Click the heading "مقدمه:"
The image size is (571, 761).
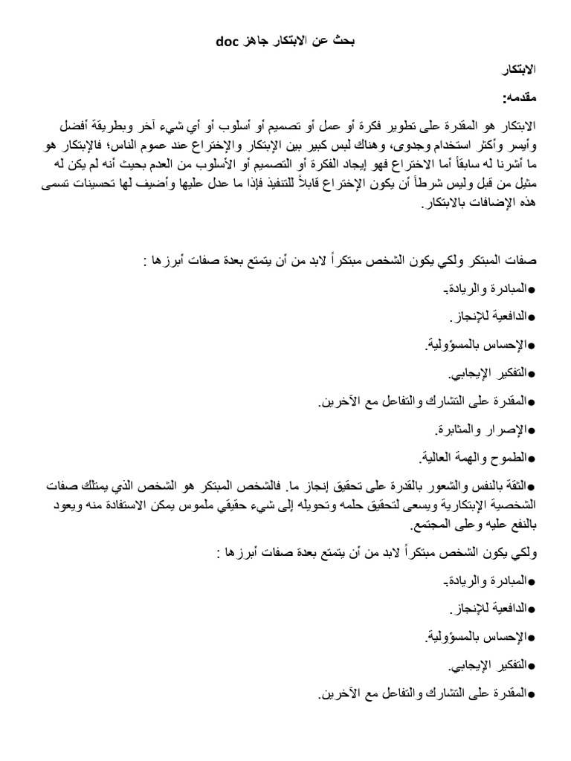tap(515, 97)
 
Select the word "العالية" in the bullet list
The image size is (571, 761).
tap(433, 456)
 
